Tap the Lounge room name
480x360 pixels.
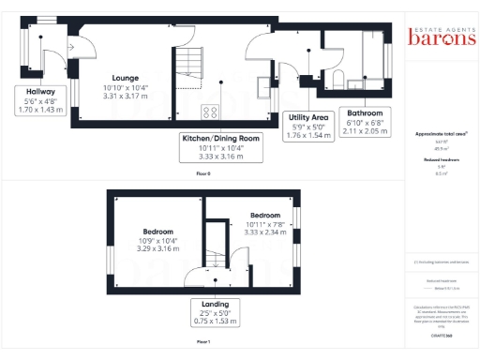126,78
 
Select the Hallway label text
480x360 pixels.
35,91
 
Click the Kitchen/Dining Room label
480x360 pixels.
222,138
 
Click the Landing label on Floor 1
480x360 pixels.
215,304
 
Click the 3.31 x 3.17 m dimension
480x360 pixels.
126,95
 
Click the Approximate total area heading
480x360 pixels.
441,134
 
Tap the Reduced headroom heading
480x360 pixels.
441,160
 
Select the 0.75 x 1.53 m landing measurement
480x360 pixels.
215,322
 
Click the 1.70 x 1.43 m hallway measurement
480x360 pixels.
35,110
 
